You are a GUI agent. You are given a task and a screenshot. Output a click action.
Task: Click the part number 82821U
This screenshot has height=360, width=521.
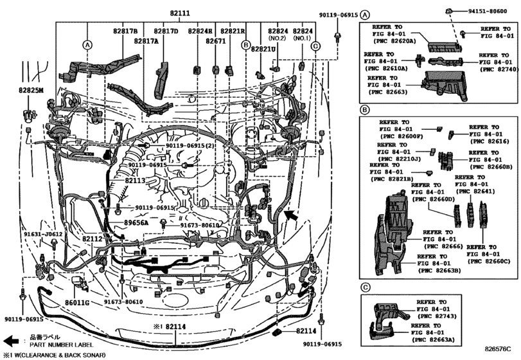(263, 49)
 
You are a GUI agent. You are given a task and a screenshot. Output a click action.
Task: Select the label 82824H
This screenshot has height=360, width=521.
(200, 31)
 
